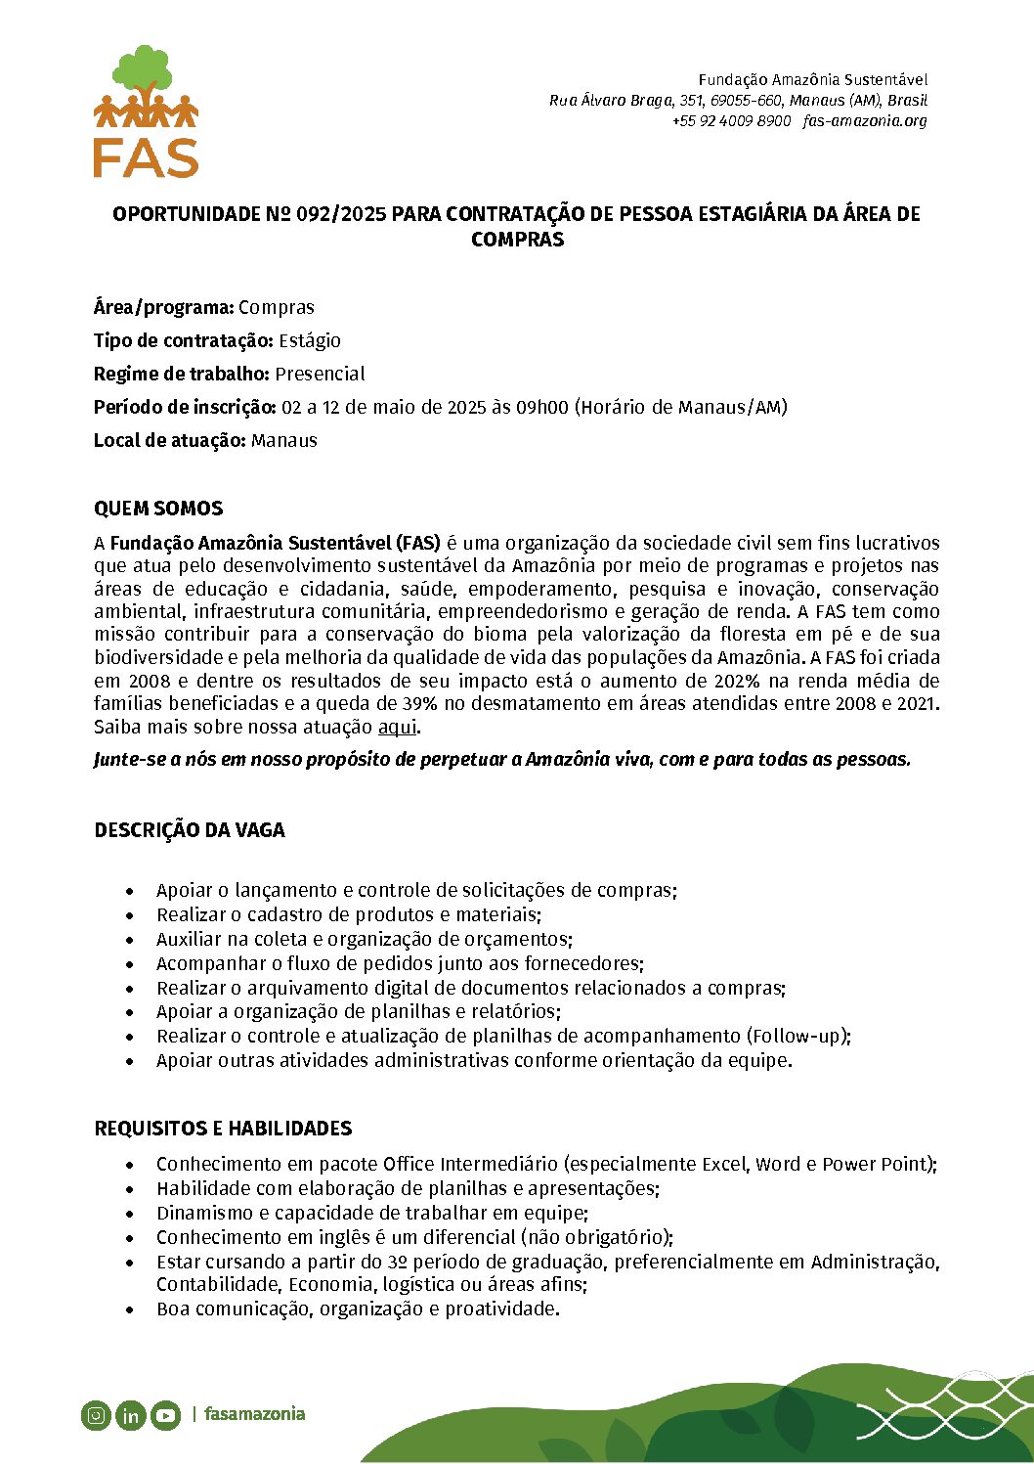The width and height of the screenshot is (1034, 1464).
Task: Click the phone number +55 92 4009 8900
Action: [x=731, y=121]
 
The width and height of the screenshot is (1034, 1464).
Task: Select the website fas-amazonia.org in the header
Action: [x=865, y=121]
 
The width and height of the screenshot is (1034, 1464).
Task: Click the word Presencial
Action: [x=320, y=374]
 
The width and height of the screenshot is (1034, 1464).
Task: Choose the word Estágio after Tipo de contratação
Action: [x=310, y=340]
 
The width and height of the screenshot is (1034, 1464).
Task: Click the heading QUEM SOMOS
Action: [x=158, y=509]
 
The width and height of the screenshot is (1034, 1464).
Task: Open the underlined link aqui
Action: [x=397, y=727]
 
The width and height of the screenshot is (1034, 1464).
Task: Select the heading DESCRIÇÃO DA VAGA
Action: [x=190, y=830]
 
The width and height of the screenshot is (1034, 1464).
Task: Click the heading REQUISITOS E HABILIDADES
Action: [x=223, y=1129]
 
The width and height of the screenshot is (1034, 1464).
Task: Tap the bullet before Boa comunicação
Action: [x=130, y=1309]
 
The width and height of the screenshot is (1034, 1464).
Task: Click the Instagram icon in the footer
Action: [x=96, y=1414]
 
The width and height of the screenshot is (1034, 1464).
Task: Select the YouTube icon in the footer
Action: [x=165, y=1414]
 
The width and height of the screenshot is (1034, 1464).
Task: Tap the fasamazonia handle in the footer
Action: [x=254, y=1414]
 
